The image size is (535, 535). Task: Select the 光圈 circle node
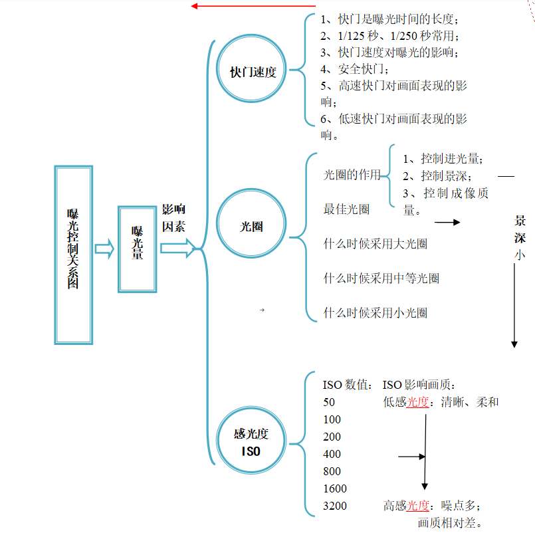tap(252, 226)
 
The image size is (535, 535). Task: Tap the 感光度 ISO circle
tap(251, 443)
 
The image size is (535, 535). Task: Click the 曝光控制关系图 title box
tap(73, 255)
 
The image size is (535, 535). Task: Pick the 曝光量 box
tap(138, 249)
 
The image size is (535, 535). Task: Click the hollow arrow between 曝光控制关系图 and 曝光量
tap(105, 249)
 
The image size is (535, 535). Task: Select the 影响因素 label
tap(174, 218)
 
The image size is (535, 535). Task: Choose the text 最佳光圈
tap(346, 209)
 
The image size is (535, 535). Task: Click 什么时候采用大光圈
tap(375, 244)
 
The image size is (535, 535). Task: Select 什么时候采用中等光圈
tap(381, 278)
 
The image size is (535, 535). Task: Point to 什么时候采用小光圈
tap(375, 313)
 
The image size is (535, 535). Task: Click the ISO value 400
tap(332, 455)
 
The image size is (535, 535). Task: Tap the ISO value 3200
tap(334, 506)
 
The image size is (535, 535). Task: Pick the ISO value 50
tap(329, 403)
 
